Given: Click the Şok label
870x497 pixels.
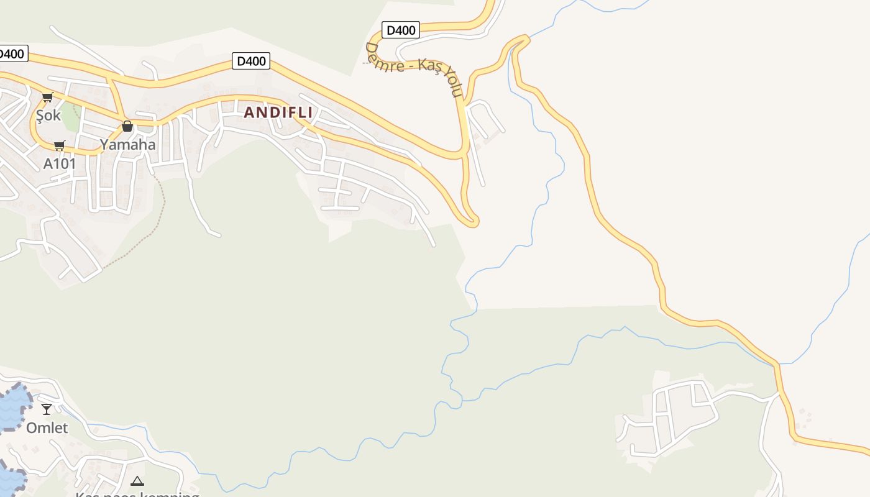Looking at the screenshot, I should [48, 115].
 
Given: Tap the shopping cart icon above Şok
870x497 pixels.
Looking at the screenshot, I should [47, 97].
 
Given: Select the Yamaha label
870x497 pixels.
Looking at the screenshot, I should [128, 145].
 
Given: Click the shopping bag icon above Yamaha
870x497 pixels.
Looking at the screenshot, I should [127, 126].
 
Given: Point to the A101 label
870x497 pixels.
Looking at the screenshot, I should [60, 163].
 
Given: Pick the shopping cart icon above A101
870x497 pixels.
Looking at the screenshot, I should [59, 146].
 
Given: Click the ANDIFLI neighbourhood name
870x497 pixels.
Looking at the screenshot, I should [278, 112].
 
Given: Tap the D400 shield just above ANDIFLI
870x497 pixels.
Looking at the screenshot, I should [252, 61].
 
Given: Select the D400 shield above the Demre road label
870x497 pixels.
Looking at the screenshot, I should [400, 29].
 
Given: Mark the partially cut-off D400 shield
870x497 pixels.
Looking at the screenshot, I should [11, 53].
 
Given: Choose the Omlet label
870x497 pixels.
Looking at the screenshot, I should [47, 427].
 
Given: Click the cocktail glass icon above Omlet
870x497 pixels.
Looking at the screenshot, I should [47, 409].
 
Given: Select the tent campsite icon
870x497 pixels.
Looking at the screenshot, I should [137, 480].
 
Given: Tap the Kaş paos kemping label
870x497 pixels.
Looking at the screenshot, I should [137, 494].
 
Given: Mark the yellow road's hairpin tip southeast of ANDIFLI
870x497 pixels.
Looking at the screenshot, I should [474, 221].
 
